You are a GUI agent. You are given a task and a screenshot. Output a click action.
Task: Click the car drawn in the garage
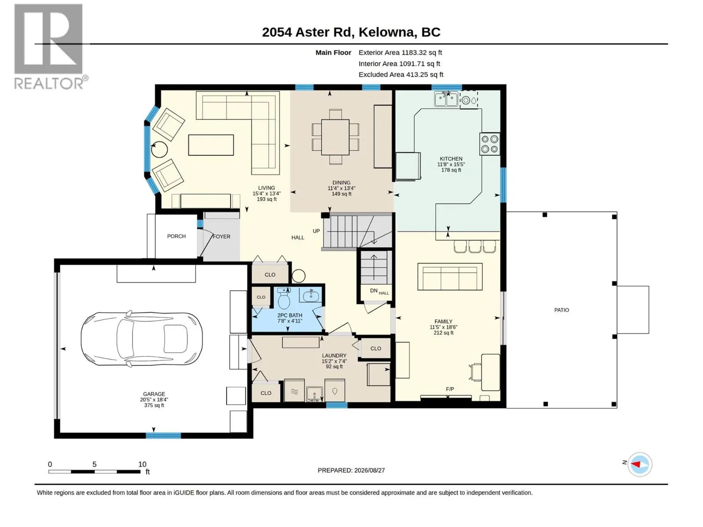point(141,339)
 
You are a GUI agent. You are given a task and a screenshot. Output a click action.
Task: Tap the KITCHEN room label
point(451,159)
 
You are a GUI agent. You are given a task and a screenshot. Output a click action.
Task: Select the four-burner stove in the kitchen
point(489,144)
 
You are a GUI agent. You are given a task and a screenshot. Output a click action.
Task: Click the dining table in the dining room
point(335,137)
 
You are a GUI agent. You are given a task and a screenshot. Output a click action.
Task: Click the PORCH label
point(176,236)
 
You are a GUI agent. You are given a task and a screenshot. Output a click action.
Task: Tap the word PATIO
point(562,310)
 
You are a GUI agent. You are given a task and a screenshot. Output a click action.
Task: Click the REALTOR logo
point(51,47)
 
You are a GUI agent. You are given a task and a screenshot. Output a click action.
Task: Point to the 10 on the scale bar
point(142,464)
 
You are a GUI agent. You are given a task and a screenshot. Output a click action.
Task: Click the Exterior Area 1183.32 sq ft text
point(400,52)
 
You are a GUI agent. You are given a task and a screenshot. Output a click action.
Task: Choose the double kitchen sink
point(446,99)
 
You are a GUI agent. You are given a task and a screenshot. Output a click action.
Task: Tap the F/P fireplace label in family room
point(449,389)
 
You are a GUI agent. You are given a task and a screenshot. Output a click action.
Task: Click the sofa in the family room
point(449,277)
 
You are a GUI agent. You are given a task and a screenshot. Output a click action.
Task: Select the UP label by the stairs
point(316,231)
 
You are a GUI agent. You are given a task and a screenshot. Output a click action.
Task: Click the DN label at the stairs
point(373,291)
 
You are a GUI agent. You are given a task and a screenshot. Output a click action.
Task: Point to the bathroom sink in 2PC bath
point(309,295)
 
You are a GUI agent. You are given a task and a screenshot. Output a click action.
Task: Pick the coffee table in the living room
point(211,145)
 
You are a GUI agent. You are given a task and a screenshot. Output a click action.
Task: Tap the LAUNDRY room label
point(334,355)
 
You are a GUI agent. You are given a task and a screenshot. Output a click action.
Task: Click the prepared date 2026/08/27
point(369,470)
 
